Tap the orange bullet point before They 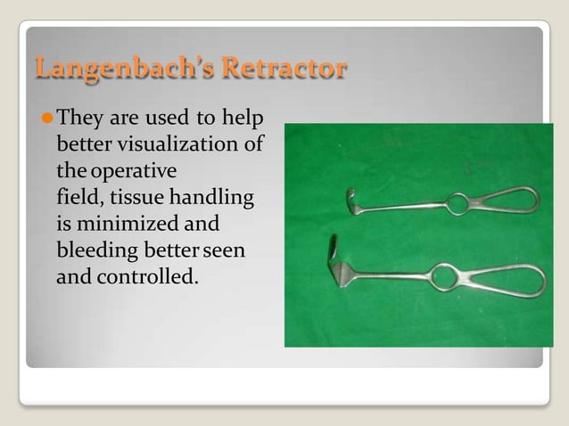pyautogui.click(x=45, y=118)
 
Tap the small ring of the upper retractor pyautogui.click(x=458, y=205)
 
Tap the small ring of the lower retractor pyautogui.click(x=442, y=277)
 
